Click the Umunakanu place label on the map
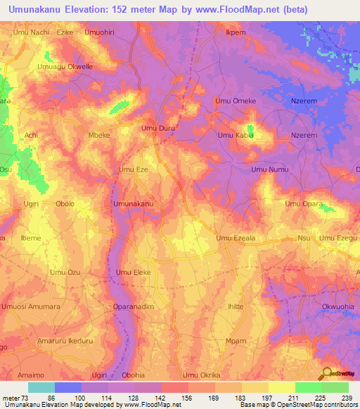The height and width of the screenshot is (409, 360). [x=134, y=204]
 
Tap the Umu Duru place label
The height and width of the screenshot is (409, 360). [x=157, y=129]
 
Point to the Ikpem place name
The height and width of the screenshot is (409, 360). [x=235, y=32]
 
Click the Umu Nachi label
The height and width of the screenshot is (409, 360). [x=30, y=32]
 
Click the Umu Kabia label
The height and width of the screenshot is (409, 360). [x=236, y=134]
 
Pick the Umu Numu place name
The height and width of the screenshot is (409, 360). [x=270, y=169]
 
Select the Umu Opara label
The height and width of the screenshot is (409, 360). [x=304, y=204]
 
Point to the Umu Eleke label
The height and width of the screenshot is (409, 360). [x=134, y=272]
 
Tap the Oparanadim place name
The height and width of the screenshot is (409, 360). [x=134, y=306]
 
